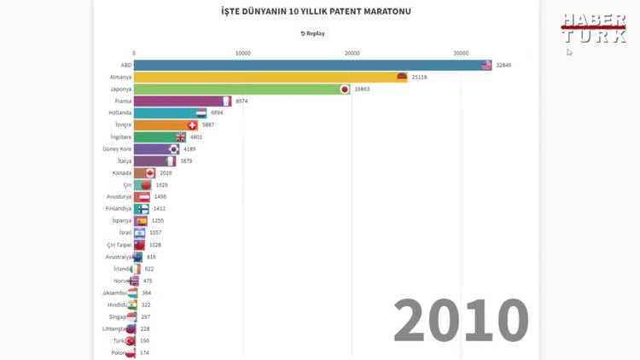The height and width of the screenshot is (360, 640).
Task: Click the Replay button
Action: click(x=312, y=33)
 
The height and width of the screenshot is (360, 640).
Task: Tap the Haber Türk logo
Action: click(x=593, y=28)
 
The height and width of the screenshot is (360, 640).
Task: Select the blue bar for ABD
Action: click(x=307, y=65)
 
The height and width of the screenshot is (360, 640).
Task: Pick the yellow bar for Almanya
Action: click(x=265, y=77)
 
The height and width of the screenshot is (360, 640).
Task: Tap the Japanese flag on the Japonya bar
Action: click(x=345, y=89)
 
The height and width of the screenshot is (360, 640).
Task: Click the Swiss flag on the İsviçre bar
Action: click(x=192, y=125)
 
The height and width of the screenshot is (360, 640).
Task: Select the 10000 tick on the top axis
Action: click(x=242, y=53)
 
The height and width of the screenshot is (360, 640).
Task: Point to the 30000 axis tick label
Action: click(x=461, y=53)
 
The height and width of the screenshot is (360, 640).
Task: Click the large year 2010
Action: click(x=461, y=321)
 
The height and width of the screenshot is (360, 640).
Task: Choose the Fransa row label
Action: click(x=122, y=101)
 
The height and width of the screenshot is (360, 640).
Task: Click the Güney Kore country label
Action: click(x=117, y=148)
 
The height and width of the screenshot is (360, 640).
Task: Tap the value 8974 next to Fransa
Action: click(x=241, y=101)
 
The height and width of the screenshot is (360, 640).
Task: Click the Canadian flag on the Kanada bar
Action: click(x=150, y=172)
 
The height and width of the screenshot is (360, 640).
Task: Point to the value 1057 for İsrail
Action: click(x=156, y=232)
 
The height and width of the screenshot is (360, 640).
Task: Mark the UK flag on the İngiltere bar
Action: click(x=180, y=136)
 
